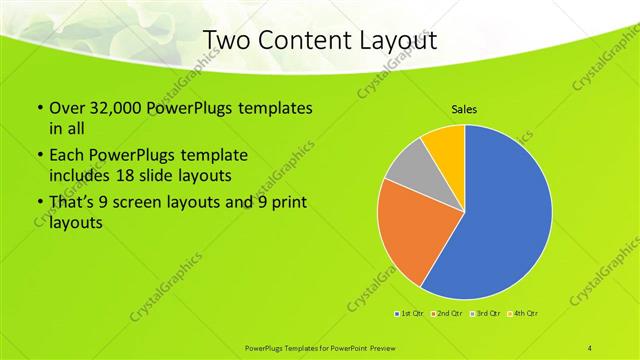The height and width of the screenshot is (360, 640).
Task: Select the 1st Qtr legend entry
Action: point(410,314)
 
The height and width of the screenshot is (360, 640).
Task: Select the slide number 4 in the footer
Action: point(590,346)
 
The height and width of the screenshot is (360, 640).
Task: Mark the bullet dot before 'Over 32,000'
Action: point(39,108)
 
